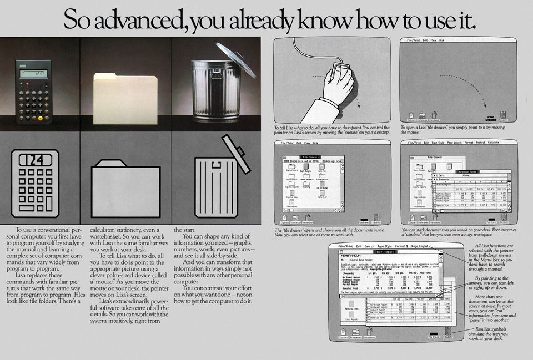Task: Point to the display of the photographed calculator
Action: point(33,73)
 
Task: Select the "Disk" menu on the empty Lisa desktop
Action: point(442,40)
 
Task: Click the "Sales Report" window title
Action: point(385,252)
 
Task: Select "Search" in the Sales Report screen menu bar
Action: point(369,246)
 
